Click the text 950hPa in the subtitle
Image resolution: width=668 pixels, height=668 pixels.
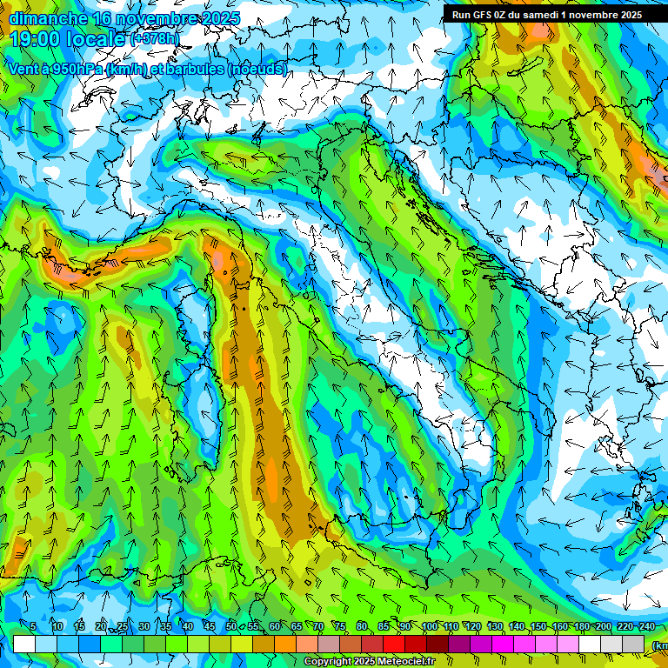click(x=75, y=69)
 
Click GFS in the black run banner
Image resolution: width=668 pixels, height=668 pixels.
click(x=489, y=15)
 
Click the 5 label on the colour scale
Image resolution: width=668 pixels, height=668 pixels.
click(x=33, y=627)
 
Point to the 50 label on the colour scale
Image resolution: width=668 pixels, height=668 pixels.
click(x=231, y=627)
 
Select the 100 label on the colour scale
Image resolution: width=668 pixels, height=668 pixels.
click(x=429, y=627)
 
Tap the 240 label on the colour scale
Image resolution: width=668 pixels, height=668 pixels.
click(x=647, y=627)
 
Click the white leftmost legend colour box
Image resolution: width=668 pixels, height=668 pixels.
click(x=24, y=644)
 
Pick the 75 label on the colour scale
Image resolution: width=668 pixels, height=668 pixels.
click(x=340, y=627)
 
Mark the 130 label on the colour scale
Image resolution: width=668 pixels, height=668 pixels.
click(x=494, y=627)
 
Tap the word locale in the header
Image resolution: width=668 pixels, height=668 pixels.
click(x=98, y=40)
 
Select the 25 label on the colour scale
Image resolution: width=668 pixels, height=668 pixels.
click(x=122, y=627)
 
